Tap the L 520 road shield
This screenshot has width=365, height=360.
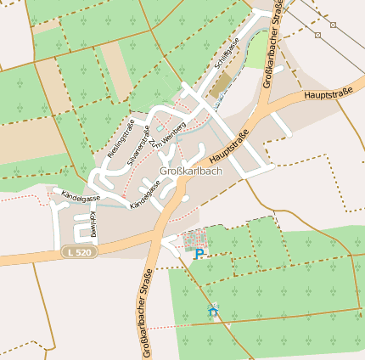click(x=77, y=252)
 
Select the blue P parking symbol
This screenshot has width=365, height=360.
click(x=199, y=253)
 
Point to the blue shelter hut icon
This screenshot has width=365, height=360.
click(x=213, y=312)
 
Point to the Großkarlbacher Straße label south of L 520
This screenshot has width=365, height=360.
click(x=141, y=313)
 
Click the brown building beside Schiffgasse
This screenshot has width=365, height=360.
click(x=220, y=85)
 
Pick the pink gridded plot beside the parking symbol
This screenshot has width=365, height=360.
click(x=194, y=239)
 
